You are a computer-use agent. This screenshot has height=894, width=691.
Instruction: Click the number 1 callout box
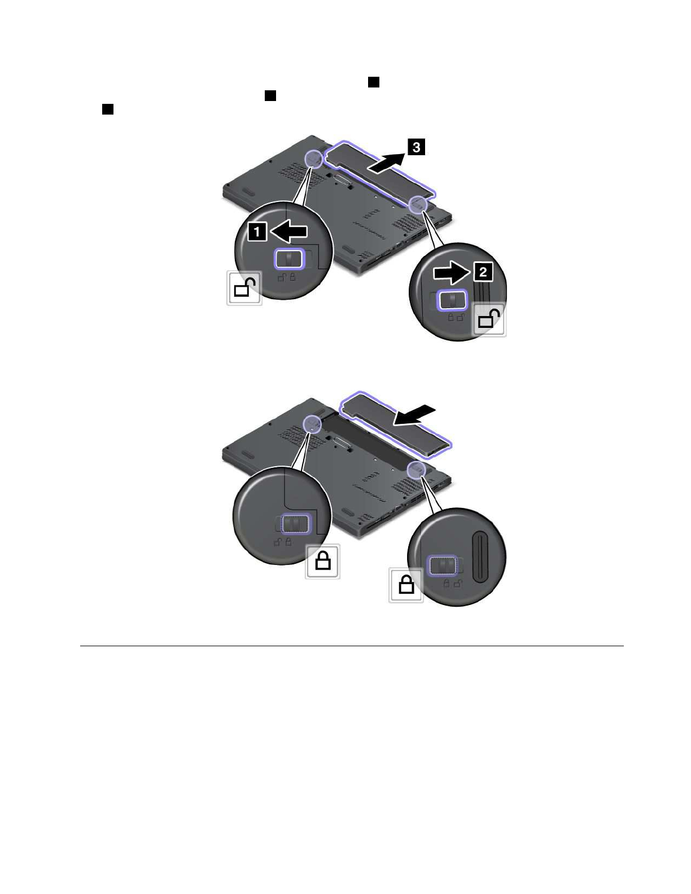(x=257, y=231)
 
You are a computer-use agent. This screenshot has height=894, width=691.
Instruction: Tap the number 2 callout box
(x=483, y=272)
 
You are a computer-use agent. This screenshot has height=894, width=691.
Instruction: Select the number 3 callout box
(x=416, y=147)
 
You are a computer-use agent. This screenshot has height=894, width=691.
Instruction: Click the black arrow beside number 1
(x=289, y=231)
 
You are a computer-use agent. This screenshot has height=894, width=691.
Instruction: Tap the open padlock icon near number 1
(x=244, y=288)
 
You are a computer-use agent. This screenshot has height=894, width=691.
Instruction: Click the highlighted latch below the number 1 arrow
(x=290, y=259)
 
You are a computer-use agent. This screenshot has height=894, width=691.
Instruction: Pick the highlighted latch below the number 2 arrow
(x=452, y=300)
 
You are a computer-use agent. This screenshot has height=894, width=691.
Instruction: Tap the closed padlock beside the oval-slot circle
(x=406, y=586)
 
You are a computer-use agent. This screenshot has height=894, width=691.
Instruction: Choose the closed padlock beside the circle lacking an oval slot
(x=322, y=561)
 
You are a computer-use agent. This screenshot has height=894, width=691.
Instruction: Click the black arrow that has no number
(x=414, y=416)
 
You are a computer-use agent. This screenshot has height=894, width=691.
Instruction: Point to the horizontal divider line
(x=351, y=646)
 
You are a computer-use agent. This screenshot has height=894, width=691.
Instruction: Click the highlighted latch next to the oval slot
(x=442, y=564)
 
